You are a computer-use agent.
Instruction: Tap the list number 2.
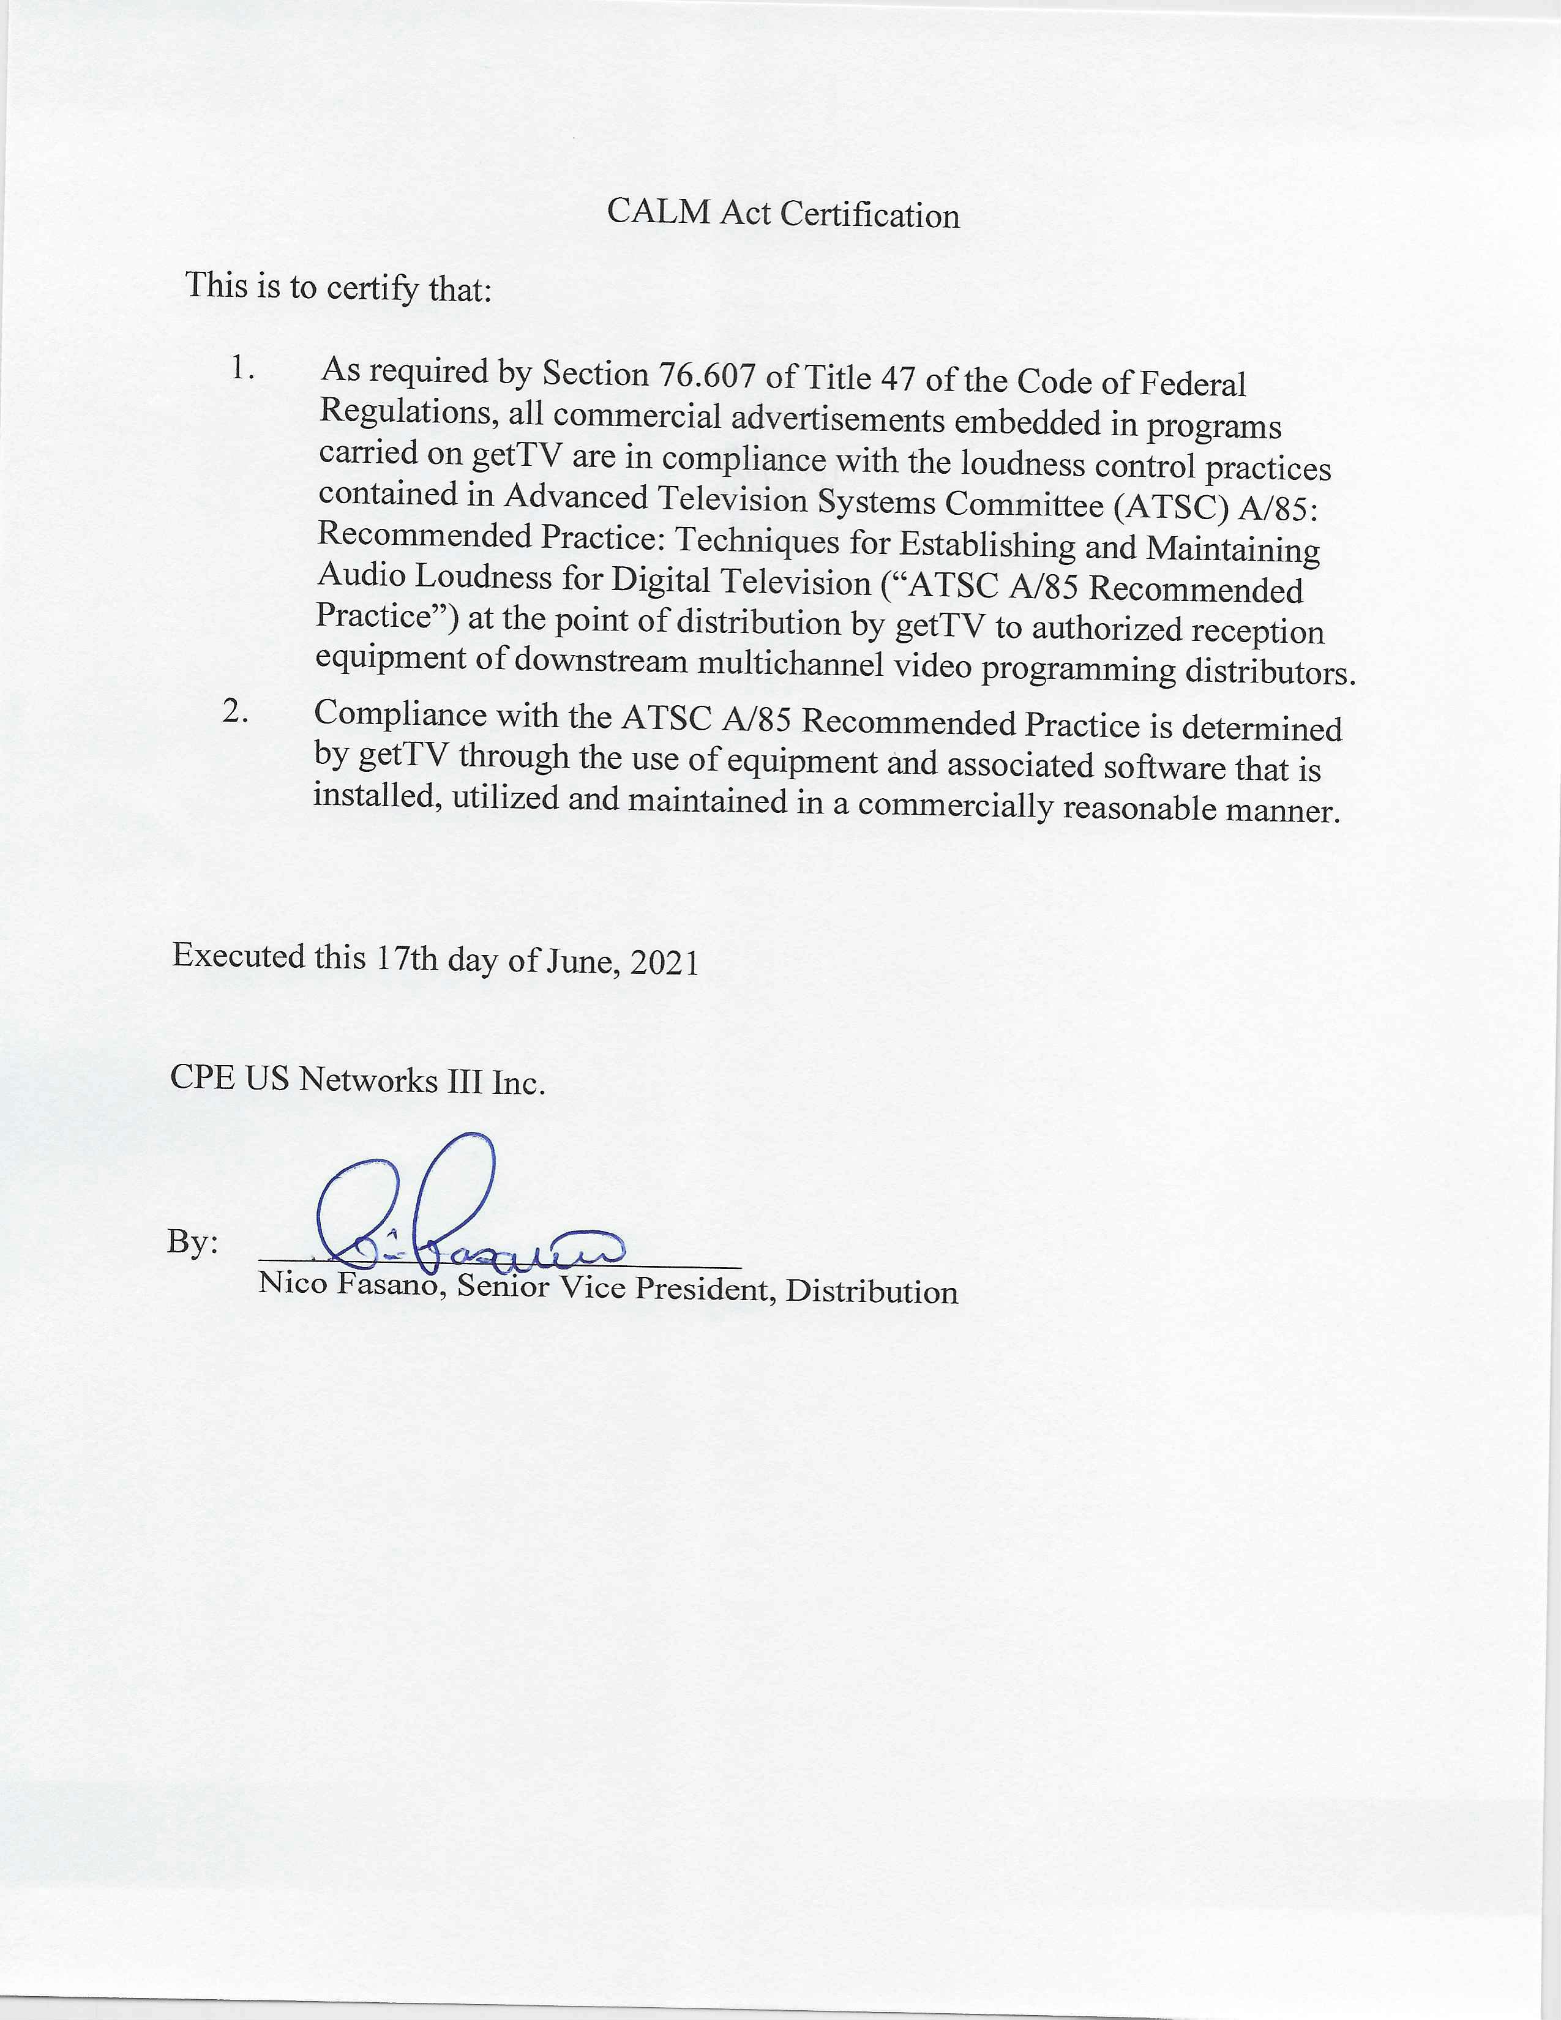coord(235,711)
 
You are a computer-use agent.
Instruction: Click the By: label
coord(192,1242)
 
